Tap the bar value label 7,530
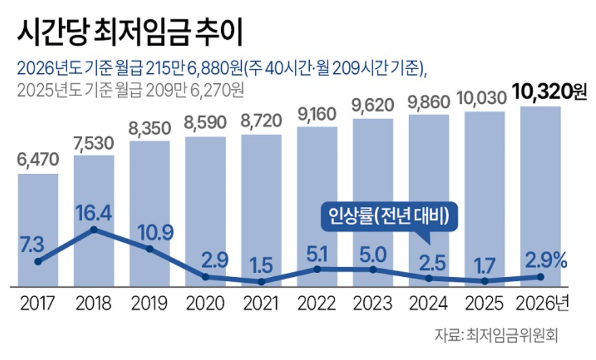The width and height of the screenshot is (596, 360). coord(94,144)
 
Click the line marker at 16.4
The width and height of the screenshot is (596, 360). coord(94,230)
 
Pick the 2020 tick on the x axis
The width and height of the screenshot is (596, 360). coord(206,303)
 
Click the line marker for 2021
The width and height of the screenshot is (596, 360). coord(261,281)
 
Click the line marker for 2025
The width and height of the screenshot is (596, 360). coord(485,281)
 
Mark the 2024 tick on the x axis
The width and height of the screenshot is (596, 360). coord(429,303)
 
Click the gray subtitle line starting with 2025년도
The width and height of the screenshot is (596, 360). coord(131,90)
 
